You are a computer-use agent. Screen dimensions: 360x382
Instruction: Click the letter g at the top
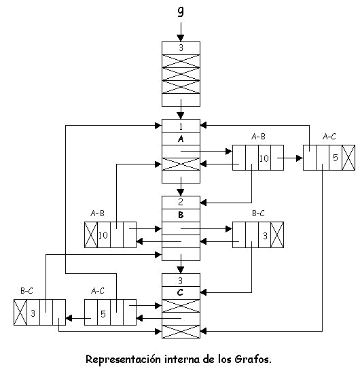pyautogui.click(x=181, y=12)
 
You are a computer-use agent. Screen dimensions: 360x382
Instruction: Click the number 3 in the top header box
pyautogui.click(x=181, y=48)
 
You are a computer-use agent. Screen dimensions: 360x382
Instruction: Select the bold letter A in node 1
pyautogui.click(x=181, y=139)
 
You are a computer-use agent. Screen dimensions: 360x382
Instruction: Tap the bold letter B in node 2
pyautogui.click(x=181, y=215)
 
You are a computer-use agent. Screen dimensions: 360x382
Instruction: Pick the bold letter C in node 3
pyautogui.click(x=180, y=292)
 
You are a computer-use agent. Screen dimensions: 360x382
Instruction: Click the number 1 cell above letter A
pyautogui.click(x=181, y=126)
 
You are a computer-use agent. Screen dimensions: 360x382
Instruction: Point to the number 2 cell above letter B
pyautogui.click(x=181, y=203)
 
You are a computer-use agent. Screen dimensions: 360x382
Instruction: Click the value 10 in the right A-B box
pyautogui.click(x=264, y=158)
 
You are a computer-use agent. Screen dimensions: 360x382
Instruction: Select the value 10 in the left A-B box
pyautogui.click(x=103, y=235)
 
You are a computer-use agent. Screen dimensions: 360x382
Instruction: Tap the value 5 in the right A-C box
pyautogui.click(x=336, y=158)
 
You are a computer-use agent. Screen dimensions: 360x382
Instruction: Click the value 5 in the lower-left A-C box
pyautogui.click(x=103, y=314)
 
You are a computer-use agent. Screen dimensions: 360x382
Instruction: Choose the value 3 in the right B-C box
pyautogui.click(x=265, y=236)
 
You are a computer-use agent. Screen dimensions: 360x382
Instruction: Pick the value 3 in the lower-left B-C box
pyautogui.click(x=33, y=313)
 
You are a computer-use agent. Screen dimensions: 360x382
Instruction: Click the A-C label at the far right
pyautogui.click(x=329, y=137)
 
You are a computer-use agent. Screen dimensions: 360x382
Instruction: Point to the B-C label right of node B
pyautogui.click(x=258, y=213)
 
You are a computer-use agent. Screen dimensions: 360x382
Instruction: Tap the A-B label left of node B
pyautogui.click(x=97, y=213)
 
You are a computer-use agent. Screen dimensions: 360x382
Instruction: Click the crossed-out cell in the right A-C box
pyautogui.click(x=348, y=158)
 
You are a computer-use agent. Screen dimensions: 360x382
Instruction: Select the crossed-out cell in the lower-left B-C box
pyautogui.click(x=20, y=312)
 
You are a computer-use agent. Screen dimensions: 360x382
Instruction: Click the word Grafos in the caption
pyautogui.click(x=253, y=360)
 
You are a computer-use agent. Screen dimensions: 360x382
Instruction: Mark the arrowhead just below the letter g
pyautogui.click(x=181, y=38)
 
